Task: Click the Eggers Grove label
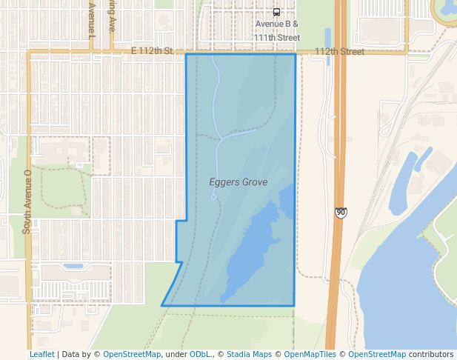click(x=238, y=182)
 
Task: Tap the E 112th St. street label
click(x=151, y=51)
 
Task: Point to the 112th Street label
click(x=339, y=52)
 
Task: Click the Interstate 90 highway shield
click(x=340, y=213)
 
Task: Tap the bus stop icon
click(x=276, y=12)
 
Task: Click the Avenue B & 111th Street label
click(x=277, y=30)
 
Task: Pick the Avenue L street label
click(x=92, y=20)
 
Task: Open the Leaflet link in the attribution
click(x=41, y=354)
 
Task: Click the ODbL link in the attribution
click(x=199, y=354)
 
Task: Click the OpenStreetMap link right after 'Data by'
click(x=132, y=354)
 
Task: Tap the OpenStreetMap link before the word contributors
click(x=377, y=354)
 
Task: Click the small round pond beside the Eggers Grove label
click(x=213, y=197)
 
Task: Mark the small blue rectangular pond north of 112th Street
click(x=327, y=37)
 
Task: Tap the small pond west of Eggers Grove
click(x=73, y=266)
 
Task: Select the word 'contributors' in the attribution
click(x=431, y=354)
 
